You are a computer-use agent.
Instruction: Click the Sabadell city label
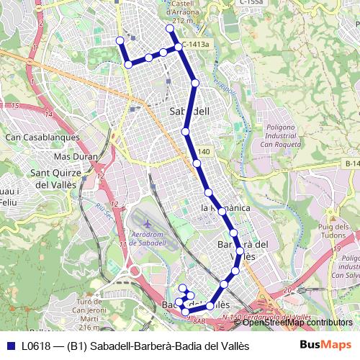coord(189,112)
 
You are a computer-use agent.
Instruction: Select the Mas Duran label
coord(76,156)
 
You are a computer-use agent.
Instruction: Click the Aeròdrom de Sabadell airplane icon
coord(148,223)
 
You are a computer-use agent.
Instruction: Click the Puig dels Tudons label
coord(333,233)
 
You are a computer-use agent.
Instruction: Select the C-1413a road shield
coord(196,45)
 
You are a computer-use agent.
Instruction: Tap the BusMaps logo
coord(325,346)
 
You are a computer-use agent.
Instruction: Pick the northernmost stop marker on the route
coord(170,29)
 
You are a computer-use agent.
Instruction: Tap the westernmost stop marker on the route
coord(120,40)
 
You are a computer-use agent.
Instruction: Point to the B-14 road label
coord(352,164)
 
